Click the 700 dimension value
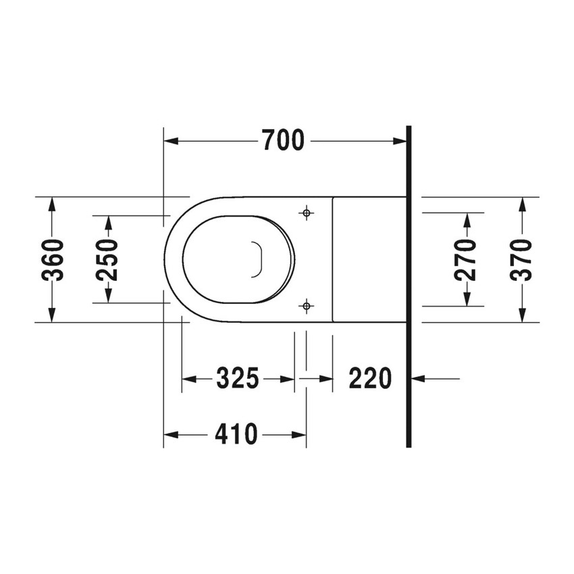tap(283, 141)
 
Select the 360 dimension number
tap(53, 260)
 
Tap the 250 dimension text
tap(107, 260)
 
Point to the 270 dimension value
tap(465, 259)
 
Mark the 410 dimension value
tap(236, 435)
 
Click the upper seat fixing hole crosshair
tap(307, 213)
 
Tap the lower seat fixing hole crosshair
tap(307, 307)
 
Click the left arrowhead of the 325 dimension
tap(188, 379)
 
